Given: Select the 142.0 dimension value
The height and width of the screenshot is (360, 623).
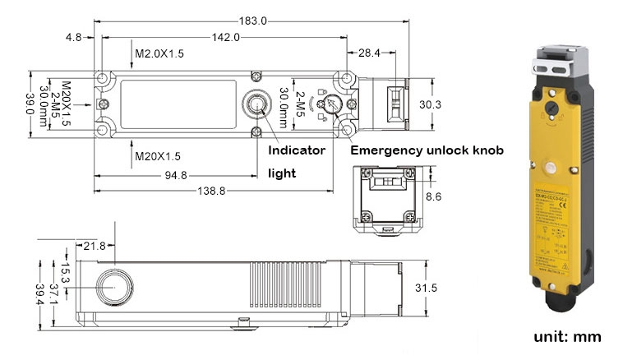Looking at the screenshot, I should coord(225,37).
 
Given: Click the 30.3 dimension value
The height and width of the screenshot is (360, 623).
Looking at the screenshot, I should coord(430,104).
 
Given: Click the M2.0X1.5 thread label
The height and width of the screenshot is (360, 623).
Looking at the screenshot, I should coord(159,54).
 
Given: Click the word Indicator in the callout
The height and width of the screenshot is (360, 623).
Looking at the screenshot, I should coord(298,150).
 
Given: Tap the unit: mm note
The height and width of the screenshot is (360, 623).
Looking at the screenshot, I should coord(567,337).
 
